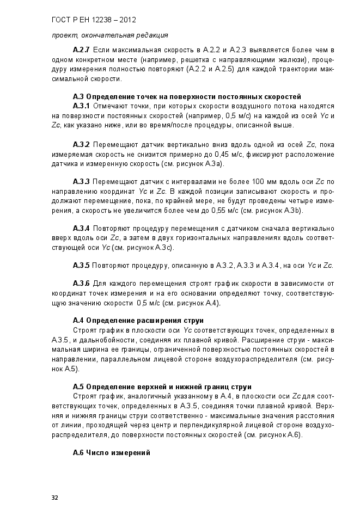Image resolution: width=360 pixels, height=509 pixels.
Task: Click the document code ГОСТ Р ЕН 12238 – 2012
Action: click(x=93, y=20)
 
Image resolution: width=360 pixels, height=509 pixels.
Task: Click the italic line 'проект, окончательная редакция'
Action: click(x=102, y=35)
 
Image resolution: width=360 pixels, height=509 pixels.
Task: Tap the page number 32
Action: click(x=54, y=498)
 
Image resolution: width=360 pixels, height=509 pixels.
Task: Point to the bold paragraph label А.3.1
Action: click(x=82, y=106)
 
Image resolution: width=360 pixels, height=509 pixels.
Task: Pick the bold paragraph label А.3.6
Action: click(x=82, y=284)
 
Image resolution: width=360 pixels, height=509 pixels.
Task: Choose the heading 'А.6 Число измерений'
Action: click(x=112, y=453)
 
